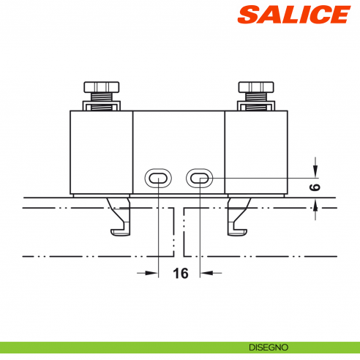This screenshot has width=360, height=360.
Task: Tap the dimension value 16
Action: tap(180, 274)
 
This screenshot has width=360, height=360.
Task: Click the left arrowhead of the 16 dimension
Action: tap(152, 274)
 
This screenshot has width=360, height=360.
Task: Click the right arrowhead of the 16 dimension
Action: tap(206, 274)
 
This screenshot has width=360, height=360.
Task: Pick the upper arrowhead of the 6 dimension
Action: tap(315, 172)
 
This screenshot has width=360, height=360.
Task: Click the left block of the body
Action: tap(101, 151)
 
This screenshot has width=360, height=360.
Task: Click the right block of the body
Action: tap(255, 151)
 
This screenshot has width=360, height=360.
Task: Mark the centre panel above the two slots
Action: tap(179, 139)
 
